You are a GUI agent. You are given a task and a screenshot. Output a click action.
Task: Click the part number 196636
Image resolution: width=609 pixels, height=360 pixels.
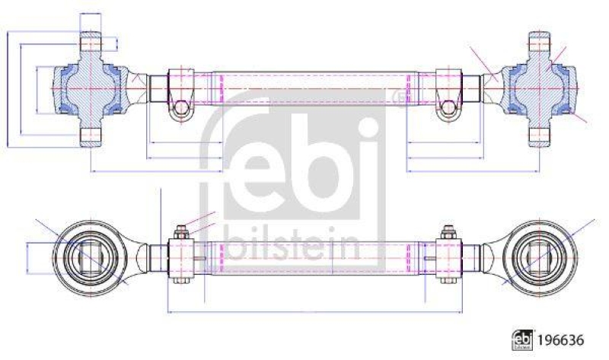point(560,340)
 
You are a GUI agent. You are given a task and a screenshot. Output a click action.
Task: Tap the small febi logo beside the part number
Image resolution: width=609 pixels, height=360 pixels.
point(522,340)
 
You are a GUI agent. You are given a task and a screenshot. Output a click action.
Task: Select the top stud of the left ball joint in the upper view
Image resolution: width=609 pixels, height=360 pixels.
point(91,41)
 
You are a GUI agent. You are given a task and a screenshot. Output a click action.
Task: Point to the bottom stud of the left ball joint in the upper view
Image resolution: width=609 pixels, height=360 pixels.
point(91,137)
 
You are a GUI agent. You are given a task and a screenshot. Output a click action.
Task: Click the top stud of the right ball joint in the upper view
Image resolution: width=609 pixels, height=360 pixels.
point(540,41)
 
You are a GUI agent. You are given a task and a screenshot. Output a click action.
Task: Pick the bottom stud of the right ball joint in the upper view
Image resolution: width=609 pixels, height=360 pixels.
point(540,137)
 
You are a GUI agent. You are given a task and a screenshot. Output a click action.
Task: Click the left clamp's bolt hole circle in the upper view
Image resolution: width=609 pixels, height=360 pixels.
point(181,107)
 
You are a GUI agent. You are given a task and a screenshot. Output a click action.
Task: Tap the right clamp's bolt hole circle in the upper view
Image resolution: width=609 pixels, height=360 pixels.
point(448,107)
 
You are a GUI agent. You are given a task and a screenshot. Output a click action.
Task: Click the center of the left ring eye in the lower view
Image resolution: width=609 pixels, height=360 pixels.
point(91,258)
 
